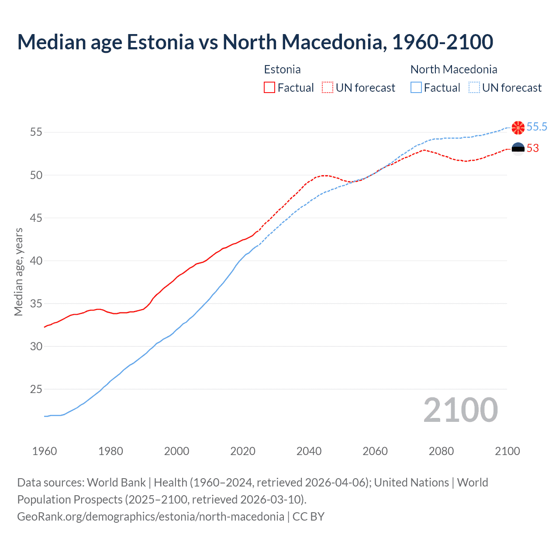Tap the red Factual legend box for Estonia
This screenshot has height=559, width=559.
269,88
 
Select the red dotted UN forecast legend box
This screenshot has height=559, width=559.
328,88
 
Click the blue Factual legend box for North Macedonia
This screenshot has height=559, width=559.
416,88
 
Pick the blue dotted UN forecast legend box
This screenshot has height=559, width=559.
474,88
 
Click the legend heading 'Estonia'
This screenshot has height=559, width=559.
282,69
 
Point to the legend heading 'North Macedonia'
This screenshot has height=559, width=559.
454,69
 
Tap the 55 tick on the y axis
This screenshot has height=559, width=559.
36,132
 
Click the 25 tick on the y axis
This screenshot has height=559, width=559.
36,389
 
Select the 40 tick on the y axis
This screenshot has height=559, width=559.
36,261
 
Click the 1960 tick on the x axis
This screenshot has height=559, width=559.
45,451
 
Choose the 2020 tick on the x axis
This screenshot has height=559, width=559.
243,451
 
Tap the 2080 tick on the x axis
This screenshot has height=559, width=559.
441,451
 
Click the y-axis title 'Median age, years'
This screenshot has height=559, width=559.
18,272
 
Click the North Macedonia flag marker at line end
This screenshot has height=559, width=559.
518,128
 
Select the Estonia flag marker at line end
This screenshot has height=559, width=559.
518,149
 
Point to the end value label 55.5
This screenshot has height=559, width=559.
537,127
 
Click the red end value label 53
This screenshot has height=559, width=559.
533,148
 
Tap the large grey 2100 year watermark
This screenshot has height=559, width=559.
461,410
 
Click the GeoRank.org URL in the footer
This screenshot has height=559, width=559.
151,517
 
